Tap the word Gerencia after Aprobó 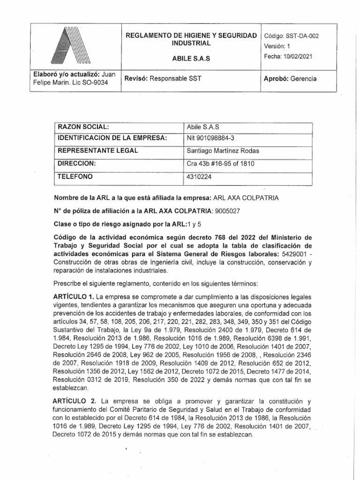click(303, 78)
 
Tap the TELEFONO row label click(75, 177)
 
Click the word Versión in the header click(275, 46)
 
